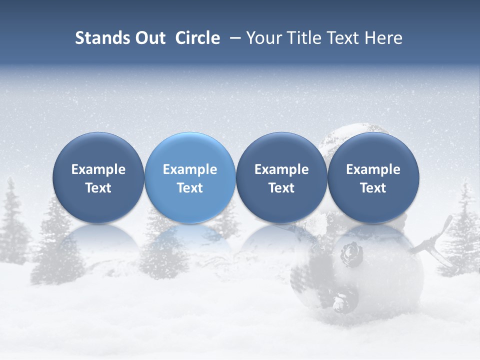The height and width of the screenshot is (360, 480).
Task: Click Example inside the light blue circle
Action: click(190, 169)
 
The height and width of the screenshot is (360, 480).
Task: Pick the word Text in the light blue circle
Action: click(190, 188)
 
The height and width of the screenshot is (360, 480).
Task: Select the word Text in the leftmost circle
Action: click(98, 188)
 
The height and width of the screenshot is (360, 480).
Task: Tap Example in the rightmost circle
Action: click(373, 169)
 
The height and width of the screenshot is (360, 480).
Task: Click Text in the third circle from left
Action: click(281, 188)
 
